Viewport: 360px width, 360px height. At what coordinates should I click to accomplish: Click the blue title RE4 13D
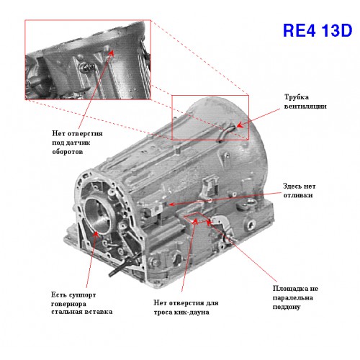318,30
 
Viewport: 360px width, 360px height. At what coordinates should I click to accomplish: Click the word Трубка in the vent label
297,97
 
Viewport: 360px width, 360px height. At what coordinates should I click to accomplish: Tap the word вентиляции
305,107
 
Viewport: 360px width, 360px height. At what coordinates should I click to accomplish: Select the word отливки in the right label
298,195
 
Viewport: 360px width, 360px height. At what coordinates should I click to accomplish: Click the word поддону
287,307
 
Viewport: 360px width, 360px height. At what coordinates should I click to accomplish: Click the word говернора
68,304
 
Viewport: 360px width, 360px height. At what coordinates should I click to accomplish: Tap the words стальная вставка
82,312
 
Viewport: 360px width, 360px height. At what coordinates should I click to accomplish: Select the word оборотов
68,152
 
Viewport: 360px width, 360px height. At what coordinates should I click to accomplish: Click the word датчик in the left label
78,143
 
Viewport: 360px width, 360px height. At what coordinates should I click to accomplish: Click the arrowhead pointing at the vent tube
239,125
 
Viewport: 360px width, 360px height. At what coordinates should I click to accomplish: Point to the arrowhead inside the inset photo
111,53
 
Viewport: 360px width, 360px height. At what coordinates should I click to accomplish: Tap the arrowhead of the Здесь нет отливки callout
171,204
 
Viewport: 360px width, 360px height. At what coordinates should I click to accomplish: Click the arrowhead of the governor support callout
96,234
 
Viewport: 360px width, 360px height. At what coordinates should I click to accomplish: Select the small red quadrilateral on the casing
196,218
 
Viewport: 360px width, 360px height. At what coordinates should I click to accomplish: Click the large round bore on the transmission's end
99,216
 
